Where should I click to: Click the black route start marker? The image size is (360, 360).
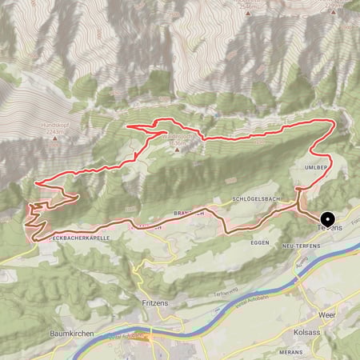327,219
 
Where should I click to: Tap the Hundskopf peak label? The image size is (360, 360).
54,126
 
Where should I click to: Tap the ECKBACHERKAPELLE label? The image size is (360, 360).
77,238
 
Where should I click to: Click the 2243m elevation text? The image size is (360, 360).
54,134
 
